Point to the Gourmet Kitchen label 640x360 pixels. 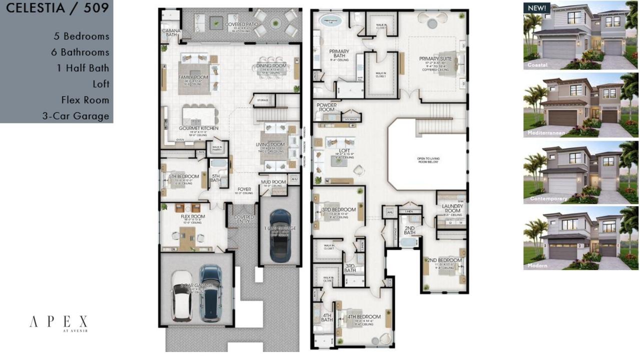tap(199, 128)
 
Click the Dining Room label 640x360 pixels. tap(271, 65)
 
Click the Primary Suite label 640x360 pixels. tap(435, 58)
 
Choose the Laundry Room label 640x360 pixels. tap(452, 208)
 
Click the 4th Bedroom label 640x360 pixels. tap(364, 316)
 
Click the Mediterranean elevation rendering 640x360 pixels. tap(580, 105)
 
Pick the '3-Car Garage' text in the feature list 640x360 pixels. tap(76, 116)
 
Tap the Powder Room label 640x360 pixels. tap(327, 108)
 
